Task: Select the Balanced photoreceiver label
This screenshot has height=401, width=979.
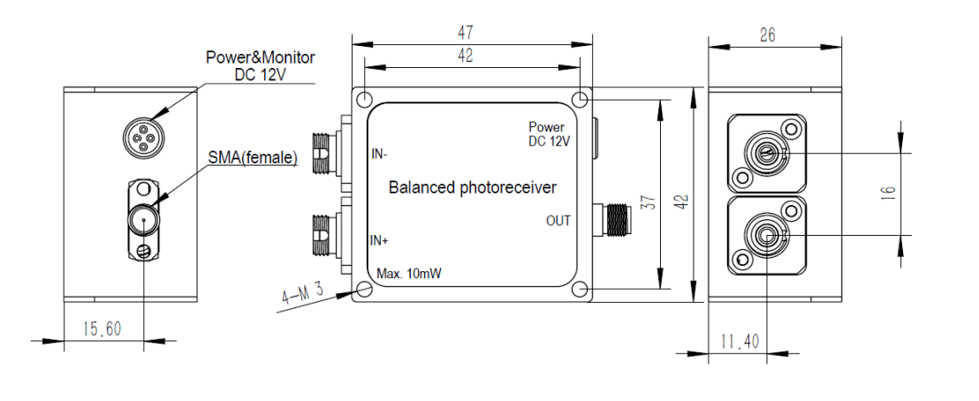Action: click(473, 187)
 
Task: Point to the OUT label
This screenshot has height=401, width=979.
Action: click(558, 221)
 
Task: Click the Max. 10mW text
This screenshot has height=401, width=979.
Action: click(409, 274)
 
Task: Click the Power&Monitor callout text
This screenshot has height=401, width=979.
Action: click(261, 57)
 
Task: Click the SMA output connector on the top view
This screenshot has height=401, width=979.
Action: click(615, 218)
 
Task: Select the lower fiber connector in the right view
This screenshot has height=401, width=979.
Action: click(765, 237)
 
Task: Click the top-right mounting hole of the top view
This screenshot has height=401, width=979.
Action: click(580, 97)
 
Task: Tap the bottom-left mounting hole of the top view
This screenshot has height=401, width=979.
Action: click(363, 290)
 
